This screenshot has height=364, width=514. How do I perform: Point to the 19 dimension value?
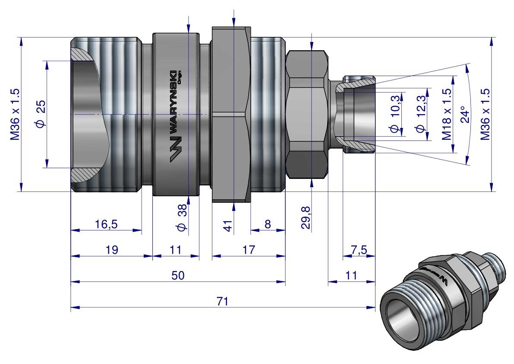[x=111, y=250]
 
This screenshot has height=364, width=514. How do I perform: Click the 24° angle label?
[x=464, y=114]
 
